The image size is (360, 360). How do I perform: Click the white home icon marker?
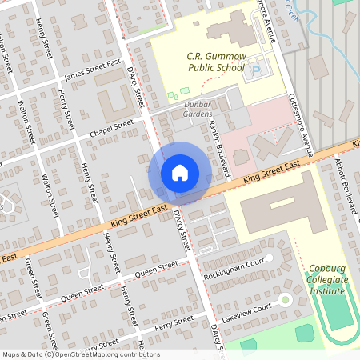180,172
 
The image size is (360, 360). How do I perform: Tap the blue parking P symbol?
256,72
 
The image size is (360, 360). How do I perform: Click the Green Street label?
32,276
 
